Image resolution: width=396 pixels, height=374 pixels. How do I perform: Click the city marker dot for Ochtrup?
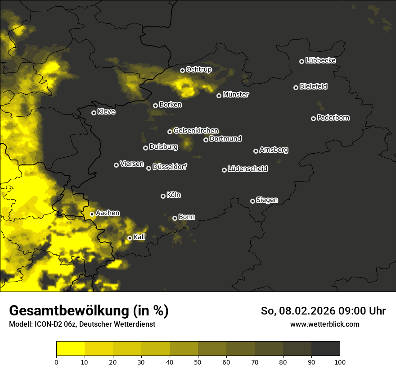click(182, 70)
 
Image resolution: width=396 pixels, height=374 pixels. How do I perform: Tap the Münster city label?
click(235, 95)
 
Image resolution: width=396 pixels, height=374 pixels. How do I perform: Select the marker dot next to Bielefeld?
click(296, 87)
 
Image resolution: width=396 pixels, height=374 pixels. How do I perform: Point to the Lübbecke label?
click(320, 60)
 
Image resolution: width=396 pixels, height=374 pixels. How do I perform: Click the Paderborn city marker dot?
click(313, 119)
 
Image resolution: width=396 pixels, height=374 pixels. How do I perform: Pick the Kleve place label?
click(106, 112)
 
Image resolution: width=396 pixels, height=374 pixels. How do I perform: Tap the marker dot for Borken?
click(155, 105)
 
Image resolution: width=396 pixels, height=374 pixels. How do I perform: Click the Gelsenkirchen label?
click(196, 131)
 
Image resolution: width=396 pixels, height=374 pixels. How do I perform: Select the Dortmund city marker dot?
click(206, 140)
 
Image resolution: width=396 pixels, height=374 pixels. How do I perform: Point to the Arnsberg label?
click(274, 150)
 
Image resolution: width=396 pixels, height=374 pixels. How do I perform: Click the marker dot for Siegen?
click(252, 201)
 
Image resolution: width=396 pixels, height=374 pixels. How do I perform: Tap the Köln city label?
click(174, 195)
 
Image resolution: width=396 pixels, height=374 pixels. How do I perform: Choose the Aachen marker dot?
click(92, 214)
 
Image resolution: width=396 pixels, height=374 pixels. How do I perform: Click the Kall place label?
click(139, 237)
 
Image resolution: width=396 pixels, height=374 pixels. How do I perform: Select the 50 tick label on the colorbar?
click(198, 362)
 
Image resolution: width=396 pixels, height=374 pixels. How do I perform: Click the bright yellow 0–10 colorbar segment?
click(70, 349)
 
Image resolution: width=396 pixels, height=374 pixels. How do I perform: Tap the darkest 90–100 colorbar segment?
click(325, 349)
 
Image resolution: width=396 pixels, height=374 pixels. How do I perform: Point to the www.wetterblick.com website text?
click(324, 324)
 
